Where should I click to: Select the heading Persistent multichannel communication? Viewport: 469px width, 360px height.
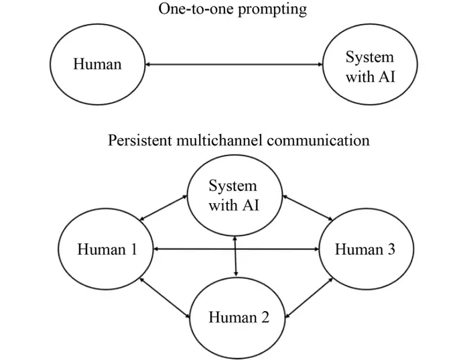[239, 141]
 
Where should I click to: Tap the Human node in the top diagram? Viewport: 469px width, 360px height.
[96, 65]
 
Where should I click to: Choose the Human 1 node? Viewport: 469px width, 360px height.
[107, 249]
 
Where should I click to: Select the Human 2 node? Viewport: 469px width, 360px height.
[239, 316]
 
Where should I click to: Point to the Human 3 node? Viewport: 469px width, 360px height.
[364, 249]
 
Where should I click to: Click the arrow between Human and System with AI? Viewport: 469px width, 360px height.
[234, 64]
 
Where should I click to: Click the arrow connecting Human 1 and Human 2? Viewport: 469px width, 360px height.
[163, 296]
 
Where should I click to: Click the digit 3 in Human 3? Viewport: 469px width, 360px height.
[390, 249]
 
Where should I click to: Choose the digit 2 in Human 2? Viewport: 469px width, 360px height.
[265, 316]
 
